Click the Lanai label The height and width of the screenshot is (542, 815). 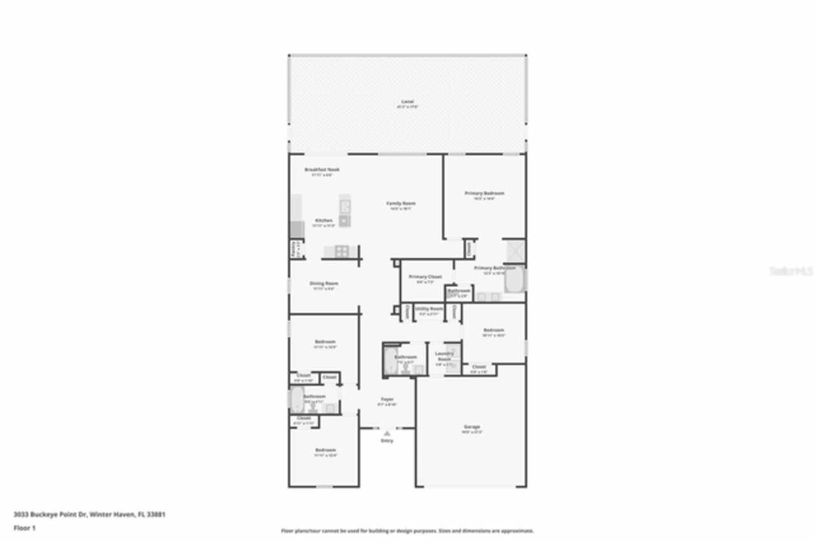(407, 102)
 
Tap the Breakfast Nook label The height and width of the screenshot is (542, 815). (322, 170)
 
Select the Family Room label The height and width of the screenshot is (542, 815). (401, 204)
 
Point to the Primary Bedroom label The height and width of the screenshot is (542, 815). (485, 193)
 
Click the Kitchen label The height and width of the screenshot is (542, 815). (323, 221)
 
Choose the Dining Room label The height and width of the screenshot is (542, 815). (323, 284)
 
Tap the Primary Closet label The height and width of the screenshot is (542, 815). (425, 277)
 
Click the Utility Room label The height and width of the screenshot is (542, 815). (429, 309)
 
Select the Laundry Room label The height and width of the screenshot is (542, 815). (444, 356)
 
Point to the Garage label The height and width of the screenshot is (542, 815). (472, 427)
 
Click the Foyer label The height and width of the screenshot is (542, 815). (387, 400)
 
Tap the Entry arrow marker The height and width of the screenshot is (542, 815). (387, 433)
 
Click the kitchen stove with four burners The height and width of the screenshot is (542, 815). (342, 251)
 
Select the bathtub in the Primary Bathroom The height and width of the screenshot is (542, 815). (514, 279)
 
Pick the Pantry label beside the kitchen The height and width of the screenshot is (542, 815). (294, 248)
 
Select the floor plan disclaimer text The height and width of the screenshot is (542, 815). (407, 531)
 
